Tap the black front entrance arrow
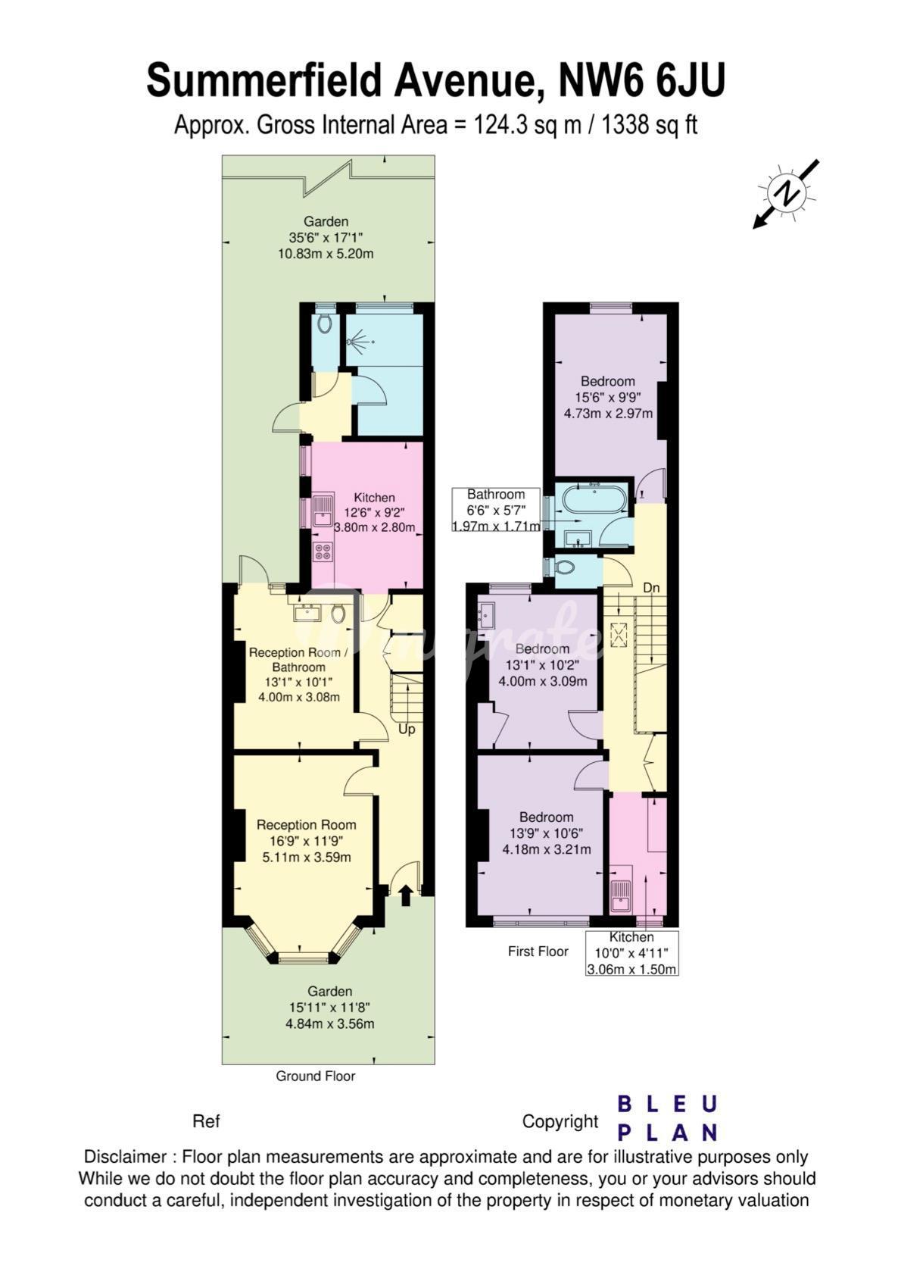(406, 895)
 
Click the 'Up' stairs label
(407, 729)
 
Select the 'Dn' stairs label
(651, 587)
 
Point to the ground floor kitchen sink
(323, 511)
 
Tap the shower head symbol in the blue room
(359, 342)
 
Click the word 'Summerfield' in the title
(264, 81)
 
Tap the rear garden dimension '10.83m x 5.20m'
(326, 254)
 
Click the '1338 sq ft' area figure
(649, 125)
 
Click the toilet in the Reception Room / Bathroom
(338, 614)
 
